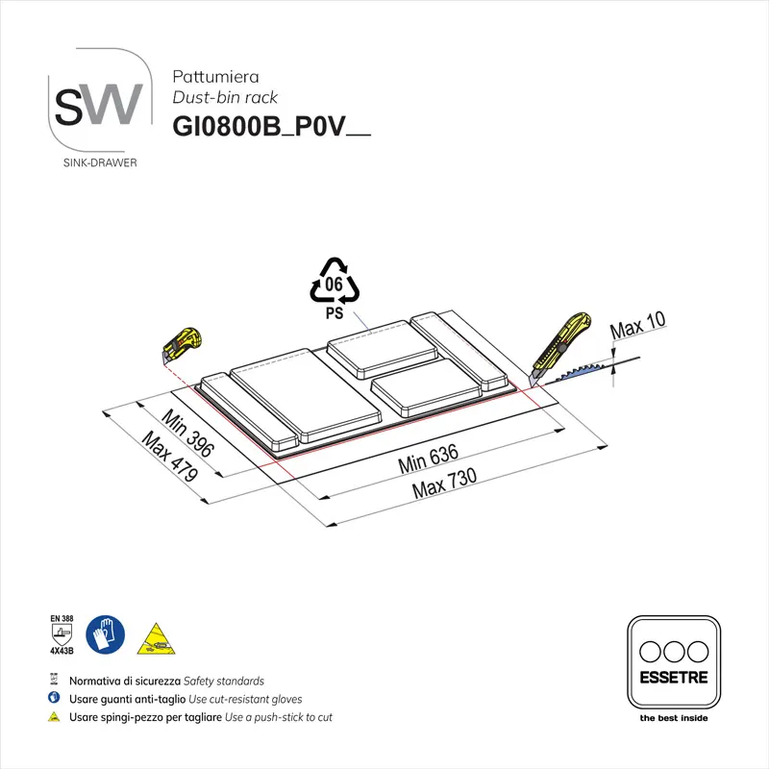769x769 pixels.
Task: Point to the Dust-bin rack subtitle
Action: pyautogui.click(x=225, y=97)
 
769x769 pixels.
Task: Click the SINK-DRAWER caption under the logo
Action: pyautogui.click(x=99, y=162)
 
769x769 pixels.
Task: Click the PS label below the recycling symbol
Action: pyautogui.click(x=333, y=312)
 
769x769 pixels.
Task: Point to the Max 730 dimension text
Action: pyautogui.click(x=444, y=484)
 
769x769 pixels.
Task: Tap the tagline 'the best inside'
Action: pyautogui.click(x=673, y=717)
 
